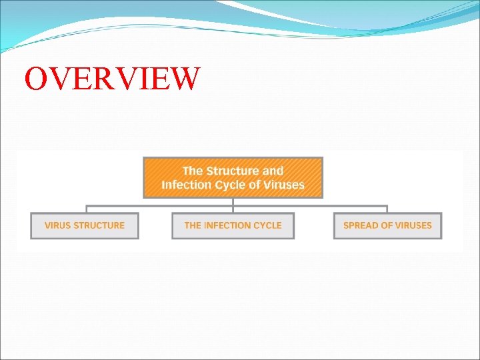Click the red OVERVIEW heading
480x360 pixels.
tap(111, 78)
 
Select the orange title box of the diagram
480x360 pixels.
tap(233, 177)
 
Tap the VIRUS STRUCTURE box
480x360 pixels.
tap(85, 225)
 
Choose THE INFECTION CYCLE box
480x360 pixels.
tap(233, 225)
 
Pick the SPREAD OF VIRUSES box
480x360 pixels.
tap(387, 225)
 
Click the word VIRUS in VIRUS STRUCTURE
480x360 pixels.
tap(57, 225)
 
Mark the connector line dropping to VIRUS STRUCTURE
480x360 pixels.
tap(86, 209)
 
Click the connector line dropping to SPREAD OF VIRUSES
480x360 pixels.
tap(387, 209)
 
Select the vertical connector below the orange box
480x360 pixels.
tap(233, 202)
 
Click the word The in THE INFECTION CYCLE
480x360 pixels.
tap(193, 225)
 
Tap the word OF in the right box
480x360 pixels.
tap(385, 225)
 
